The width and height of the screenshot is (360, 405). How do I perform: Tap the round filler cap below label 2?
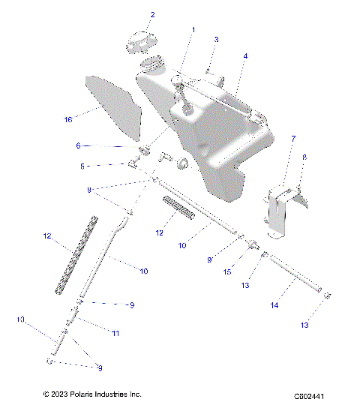[x=139, y=41]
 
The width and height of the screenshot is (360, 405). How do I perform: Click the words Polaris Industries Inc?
[x=103, y=394]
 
